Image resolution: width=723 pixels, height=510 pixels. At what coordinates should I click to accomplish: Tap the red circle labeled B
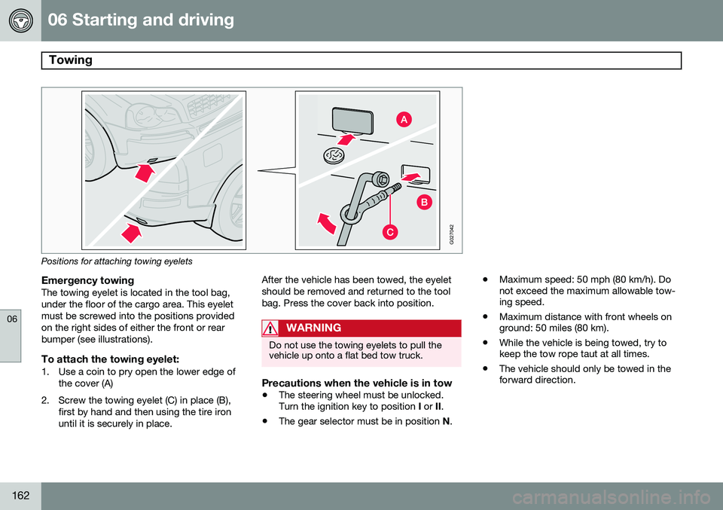click(x=424, y=202)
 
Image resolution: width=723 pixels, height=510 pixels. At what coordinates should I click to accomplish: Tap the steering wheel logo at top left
click(x=22, y=21)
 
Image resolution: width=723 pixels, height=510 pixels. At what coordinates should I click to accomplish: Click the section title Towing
click(x=70, y=60)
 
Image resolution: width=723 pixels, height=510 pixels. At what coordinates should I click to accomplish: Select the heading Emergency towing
click(x=91, y=279)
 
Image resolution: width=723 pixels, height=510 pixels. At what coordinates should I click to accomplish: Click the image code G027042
click(x=451, y=234)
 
